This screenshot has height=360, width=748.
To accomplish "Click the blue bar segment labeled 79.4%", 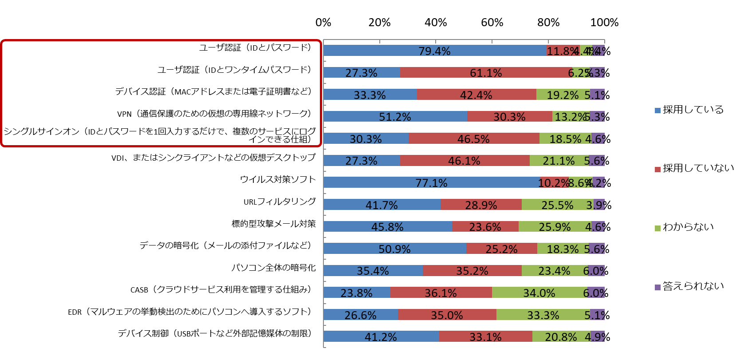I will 435,51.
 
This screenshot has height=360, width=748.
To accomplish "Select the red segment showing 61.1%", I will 486,72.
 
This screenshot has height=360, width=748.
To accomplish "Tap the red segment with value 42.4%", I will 476,95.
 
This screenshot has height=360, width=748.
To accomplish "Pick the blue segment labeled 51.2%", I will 395,116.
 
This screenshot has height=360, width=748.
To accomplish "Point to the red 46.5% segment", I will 474,138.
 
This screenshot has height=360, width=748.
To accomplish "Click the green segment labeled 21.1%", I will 559,160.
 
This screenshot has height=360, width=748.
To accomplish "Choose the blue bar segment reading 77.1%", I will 431,182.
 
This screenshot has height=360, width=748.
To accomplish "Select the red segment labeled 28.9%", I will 481,205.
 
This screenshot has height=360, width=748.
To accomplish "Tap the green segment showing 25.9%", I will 555,226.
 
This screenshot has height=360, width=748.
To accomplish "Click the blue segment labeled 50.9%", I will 394,249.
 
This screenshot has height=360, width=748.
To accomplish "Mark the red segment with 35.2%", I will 472,270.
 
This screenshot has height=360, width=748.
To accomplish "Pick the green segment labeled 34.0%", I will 539,293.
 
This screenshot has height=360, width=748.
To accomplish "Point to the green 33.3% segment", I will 543,315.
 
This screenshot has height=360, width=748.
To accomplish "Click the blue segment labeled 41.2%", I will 381,336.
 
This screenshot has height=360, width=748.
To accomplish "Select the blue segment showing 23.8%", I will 356,293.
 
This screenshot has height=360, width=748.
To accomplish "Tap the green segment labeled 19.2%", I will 563,95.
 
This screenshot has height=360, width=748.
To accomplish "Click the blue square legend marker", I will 657,111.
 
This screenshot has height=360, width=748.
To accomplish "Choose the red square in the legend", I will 657,170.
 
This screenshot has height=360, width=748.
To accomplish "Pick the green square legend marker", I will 657,228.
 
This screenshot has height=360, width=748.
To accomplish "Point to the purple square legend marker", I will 657,287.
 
